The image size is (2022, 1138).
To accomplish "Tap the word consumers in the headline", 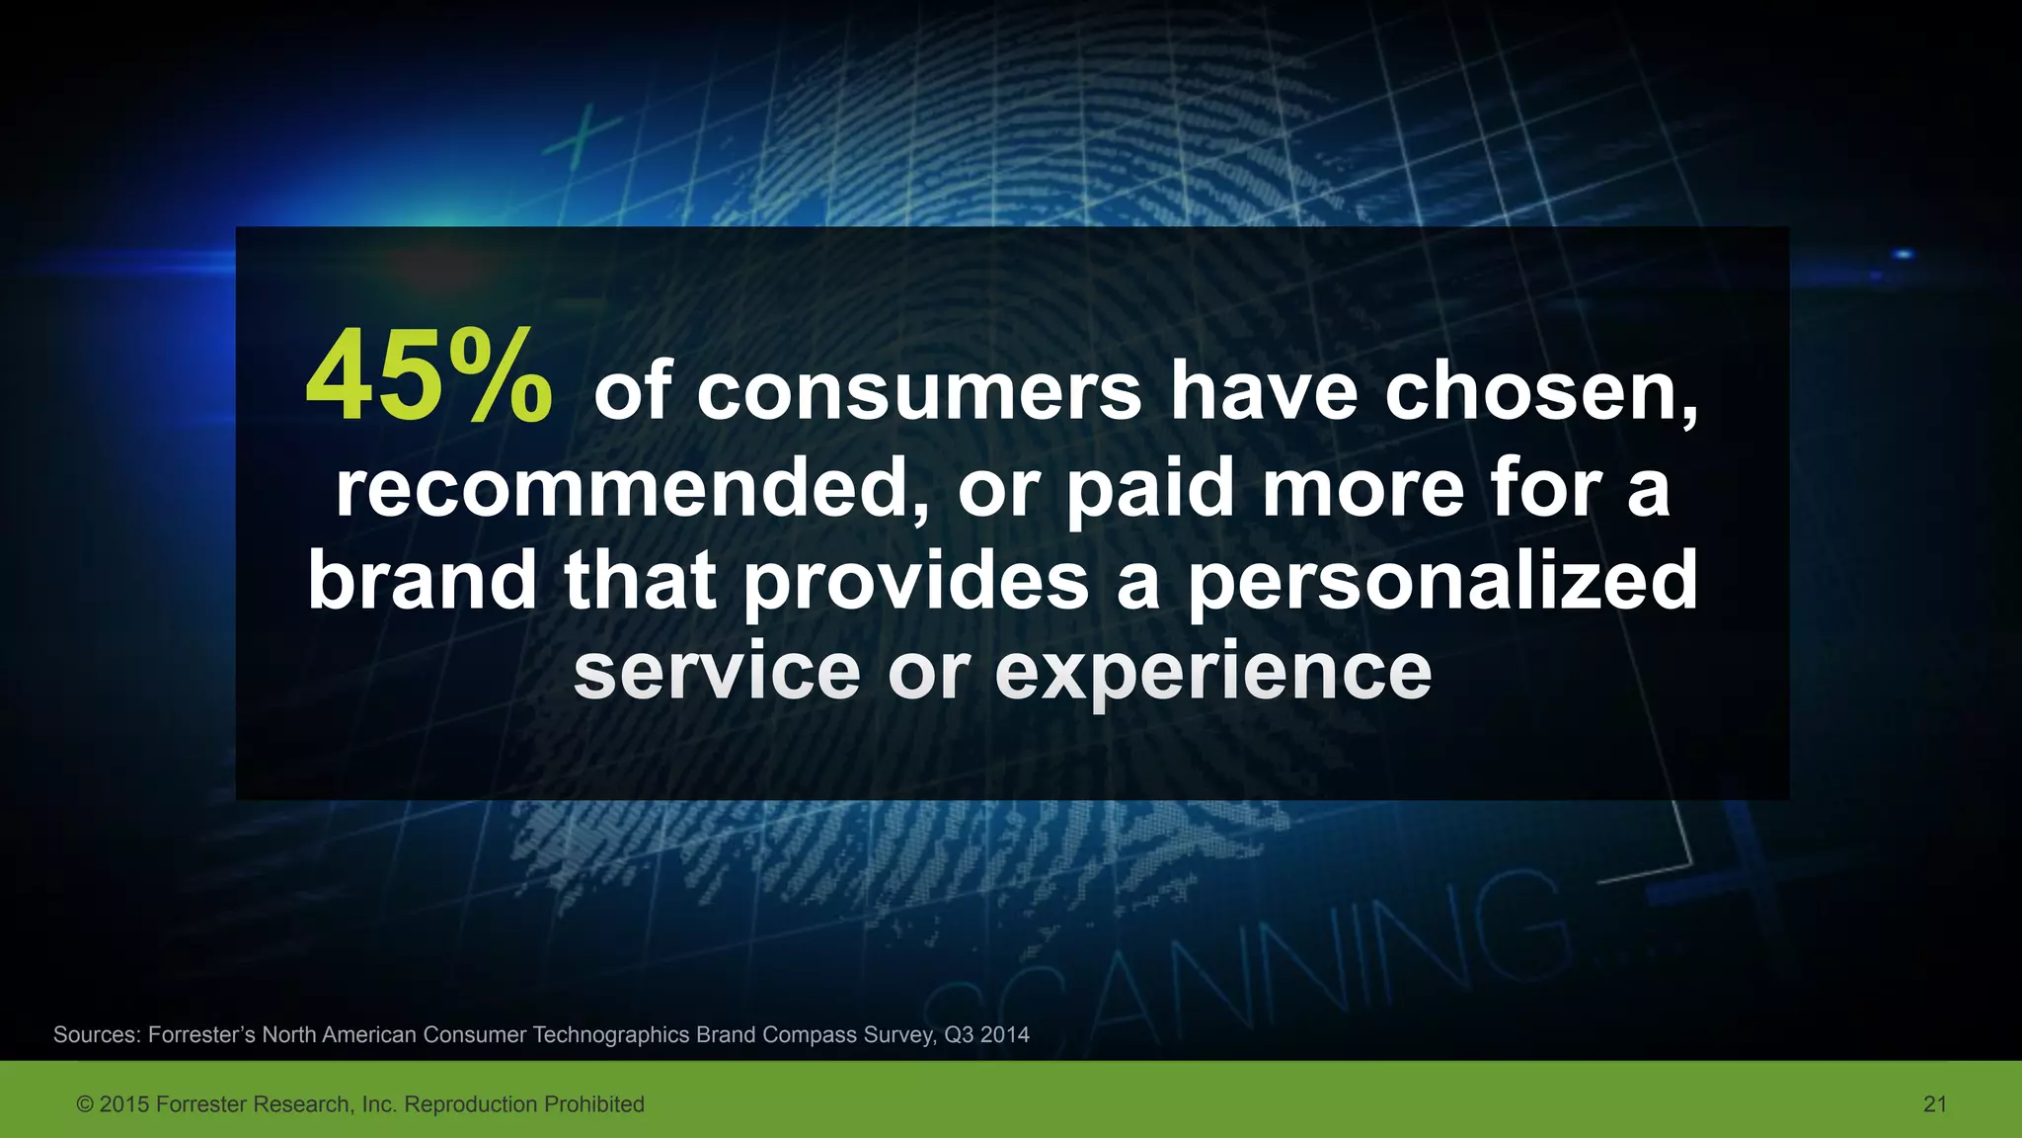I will (919, 392).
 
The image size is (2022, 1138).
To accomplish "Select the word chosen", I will (1540, 392).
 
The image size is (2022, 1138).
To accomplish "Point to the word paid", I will (1150, 490).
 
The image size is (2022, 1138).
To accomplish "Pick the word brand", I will (422, 580).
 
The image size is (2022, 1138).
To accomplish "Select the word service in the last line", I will (717, 672).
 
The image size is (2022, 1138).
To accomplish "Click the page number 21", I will (1935, 1104).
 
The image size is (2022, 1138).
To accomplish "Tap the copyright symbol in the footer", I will (85, 1104).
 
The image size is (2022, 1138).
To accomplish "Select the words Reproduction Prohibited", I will (524, 1104).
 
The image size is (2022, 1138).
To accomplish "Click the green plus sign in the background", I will (582, 139).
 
